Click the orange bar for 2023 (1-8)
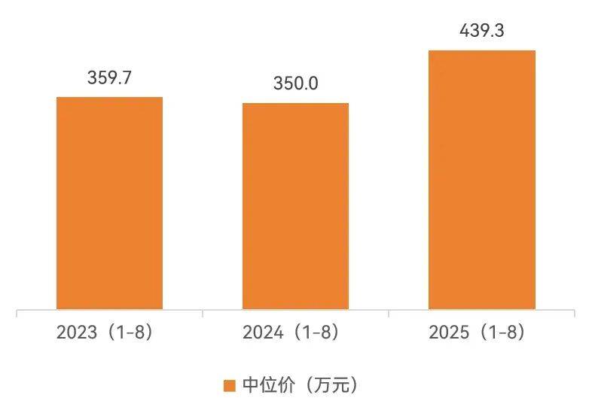[x=109, y=203]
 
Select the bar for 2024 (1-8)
[x=295, y=206]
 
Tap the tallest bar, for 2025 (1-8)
[x=481, y=180]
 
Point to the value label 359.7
[x=110, y=77]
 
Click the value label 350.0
[x=295, y=84]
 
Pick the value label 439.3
[x=481, y=31]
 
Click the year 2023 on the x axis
[x=77, y=332]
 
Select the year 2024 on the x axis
[x=262, y=332]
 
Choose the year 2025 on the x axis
[x=448, y=332]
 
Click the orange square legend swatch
[x=230, y=386]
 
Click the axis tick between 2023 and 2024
[x=203, y=313]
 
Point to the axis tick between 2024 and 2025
[x=389, y=313]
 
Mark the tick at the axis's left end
[x=17, y=313]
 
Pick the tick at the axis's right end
[x=575, y=313]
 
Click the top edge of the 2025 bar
[x=481, y=51]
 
